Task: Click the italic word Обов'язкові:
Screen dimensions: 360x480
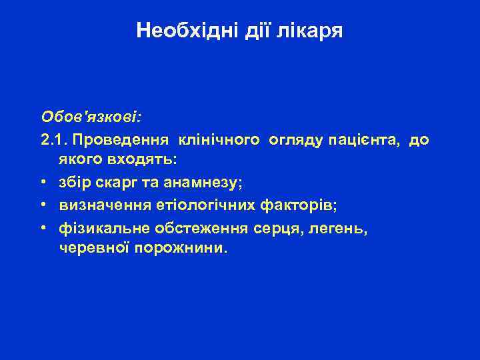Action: pos(91,117)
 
